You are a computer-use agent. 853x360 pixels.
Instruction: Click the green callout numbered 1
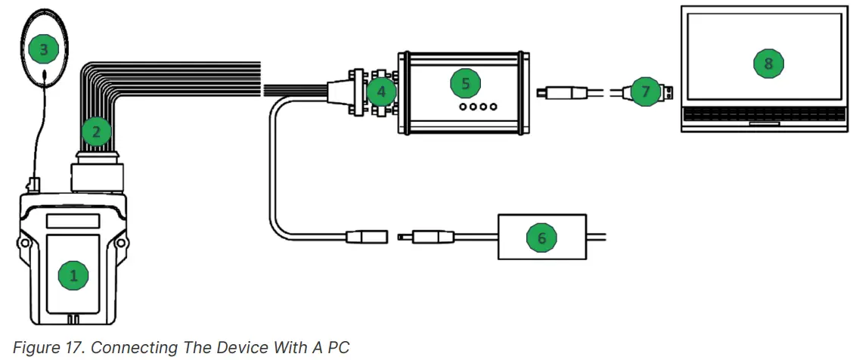(x=73, y=275)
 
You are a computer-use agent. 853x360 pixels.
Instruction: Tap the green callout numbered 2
(x=96, y=132)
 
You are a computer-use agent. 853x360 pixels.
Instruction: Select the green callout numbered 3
(x=44, y=50)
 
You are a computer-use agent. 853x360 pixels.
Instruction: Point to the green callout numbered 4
(x=381, y=93)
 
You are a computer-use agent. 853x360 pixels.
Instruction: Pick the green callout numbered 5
(x=465, y=83)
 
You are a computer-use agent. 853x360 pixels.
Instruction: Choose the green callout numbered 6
(x=541, y=237)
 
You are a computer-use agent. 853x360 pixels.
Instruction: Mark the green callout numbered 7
(x=644, y=92)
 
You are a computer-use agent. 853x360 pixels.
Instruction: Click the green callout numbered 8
(x=768, y=64)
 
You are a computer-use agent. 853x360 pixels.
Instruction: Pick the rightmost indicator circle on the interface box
(x=493, y=107)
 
